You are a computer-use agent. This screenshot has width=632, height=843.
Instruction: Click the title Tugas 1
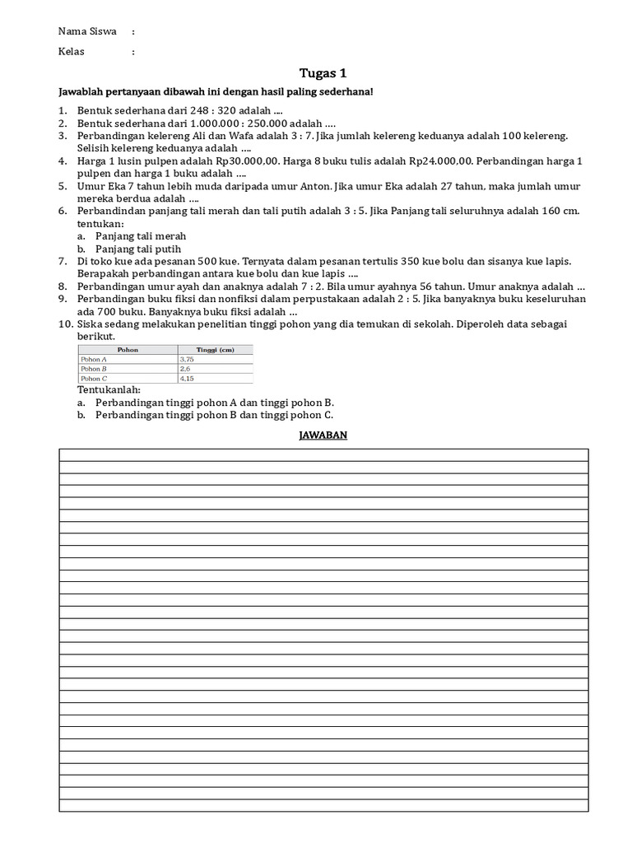click(323, 74)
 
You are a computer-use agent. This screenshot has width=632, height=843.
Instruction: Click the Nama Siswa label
click(87, 31)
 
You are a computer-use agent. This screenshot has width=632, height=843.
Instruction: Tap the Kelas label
click(72, 51)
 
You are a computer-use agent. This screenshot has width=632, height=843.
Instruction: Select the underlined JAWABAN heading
click(323, 435)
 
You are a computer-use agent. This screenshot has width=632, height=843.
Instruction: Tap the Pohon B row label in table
click(94, 369)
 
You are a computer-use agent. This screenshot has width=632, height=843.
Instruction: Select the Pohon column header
click(128, 350)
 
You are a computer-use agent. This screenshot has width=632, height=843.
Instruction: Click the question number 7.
click(62, 261)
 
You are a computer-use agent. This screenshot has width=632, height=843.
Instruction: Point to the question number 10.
click(65, 324)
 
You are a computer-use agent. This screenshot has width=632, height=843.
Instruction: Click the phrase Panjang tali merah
click(141, 236)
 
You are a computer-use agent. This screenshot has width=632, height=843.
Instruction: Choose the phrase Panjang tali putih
click(138, 249)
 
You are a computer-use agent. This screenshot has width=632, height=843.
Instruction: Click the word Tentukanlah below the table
click(109, 389)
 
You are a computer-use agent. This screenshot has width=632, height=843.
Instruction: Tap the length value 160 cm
click(560, 211)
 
